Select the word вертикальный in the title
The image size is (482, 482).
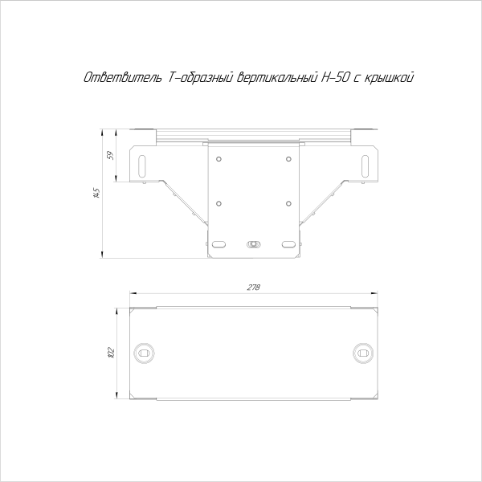click(270, 78)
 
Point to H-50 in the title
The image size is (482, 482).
click(336, 78)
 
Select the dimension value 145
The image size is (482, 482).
click(96, 193)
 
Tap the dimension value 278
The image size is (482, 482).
click(254, 288)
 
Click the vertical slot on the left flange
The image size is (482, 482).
click(142, 164)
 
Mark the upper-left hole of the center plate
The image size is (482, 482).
click(219, 157)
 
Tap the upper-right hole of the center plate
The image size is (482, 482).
click(288, 157)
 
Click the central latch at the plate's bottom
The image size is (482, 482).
click(254, 243)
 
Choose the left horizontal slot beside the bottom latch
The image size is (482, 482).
click(219, 243)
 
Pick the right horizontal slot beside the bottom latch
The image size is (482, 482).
click(288, 243)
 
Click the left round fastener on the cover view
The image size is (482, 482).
click(145, 352)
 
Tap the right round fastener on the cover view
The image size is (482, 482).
click(362, 352)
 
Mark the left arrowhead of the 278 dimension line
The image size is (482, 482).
click(133, 295)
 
